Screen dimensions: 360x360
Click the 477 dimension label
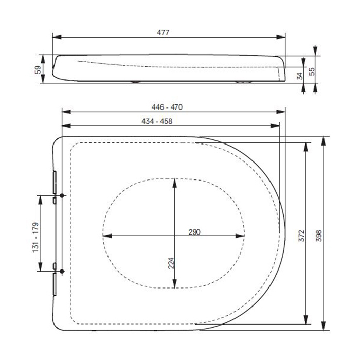[x=163, y=32]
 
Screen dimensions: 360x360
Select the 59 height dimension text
[x=38, y=69]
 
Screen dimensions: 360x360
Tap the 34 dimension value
[x=300, y=76]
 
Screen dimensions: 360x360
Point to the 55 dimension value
[x=312, y=71]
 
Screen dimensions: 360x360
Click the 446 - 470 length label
[x=167, y=107]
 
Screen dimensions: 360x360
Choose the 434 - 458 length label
[x=157, y=121]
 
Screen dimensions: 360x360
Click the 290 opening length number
[x=194, y=232]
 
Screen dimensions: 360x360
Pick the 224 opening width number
[x=171, y=263]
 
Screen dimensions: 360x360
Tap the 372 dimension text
[x=301, y=236]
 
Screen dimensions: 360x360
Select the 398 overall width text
[x=319, y=236]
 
